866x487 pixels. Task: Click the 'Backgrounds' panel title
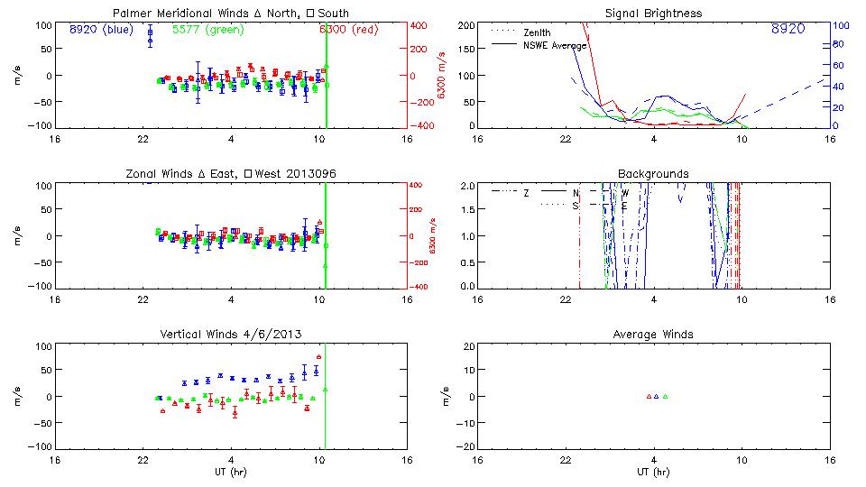[x=654, y=173]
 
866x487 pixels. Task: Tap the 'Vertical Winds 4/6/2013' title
[x=231, y=334]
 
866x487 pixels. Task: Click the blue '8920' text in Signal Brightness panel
[x=788, y=29]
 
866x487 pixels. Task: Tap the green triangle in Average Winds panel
[x=665, y=396]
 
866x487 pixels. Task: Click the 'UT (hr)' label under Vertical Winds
[x=231, y=472]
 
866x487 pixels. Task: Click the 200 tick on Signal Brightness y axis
[x=466, y=25]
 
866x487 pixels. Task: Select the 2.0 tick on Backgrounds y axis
[x=468, y=186]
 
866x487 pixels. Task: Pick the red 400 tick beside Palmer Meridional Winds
[x=420, y=25]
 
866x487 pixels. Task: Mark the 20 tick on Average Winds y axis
[x=470, y=346]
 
